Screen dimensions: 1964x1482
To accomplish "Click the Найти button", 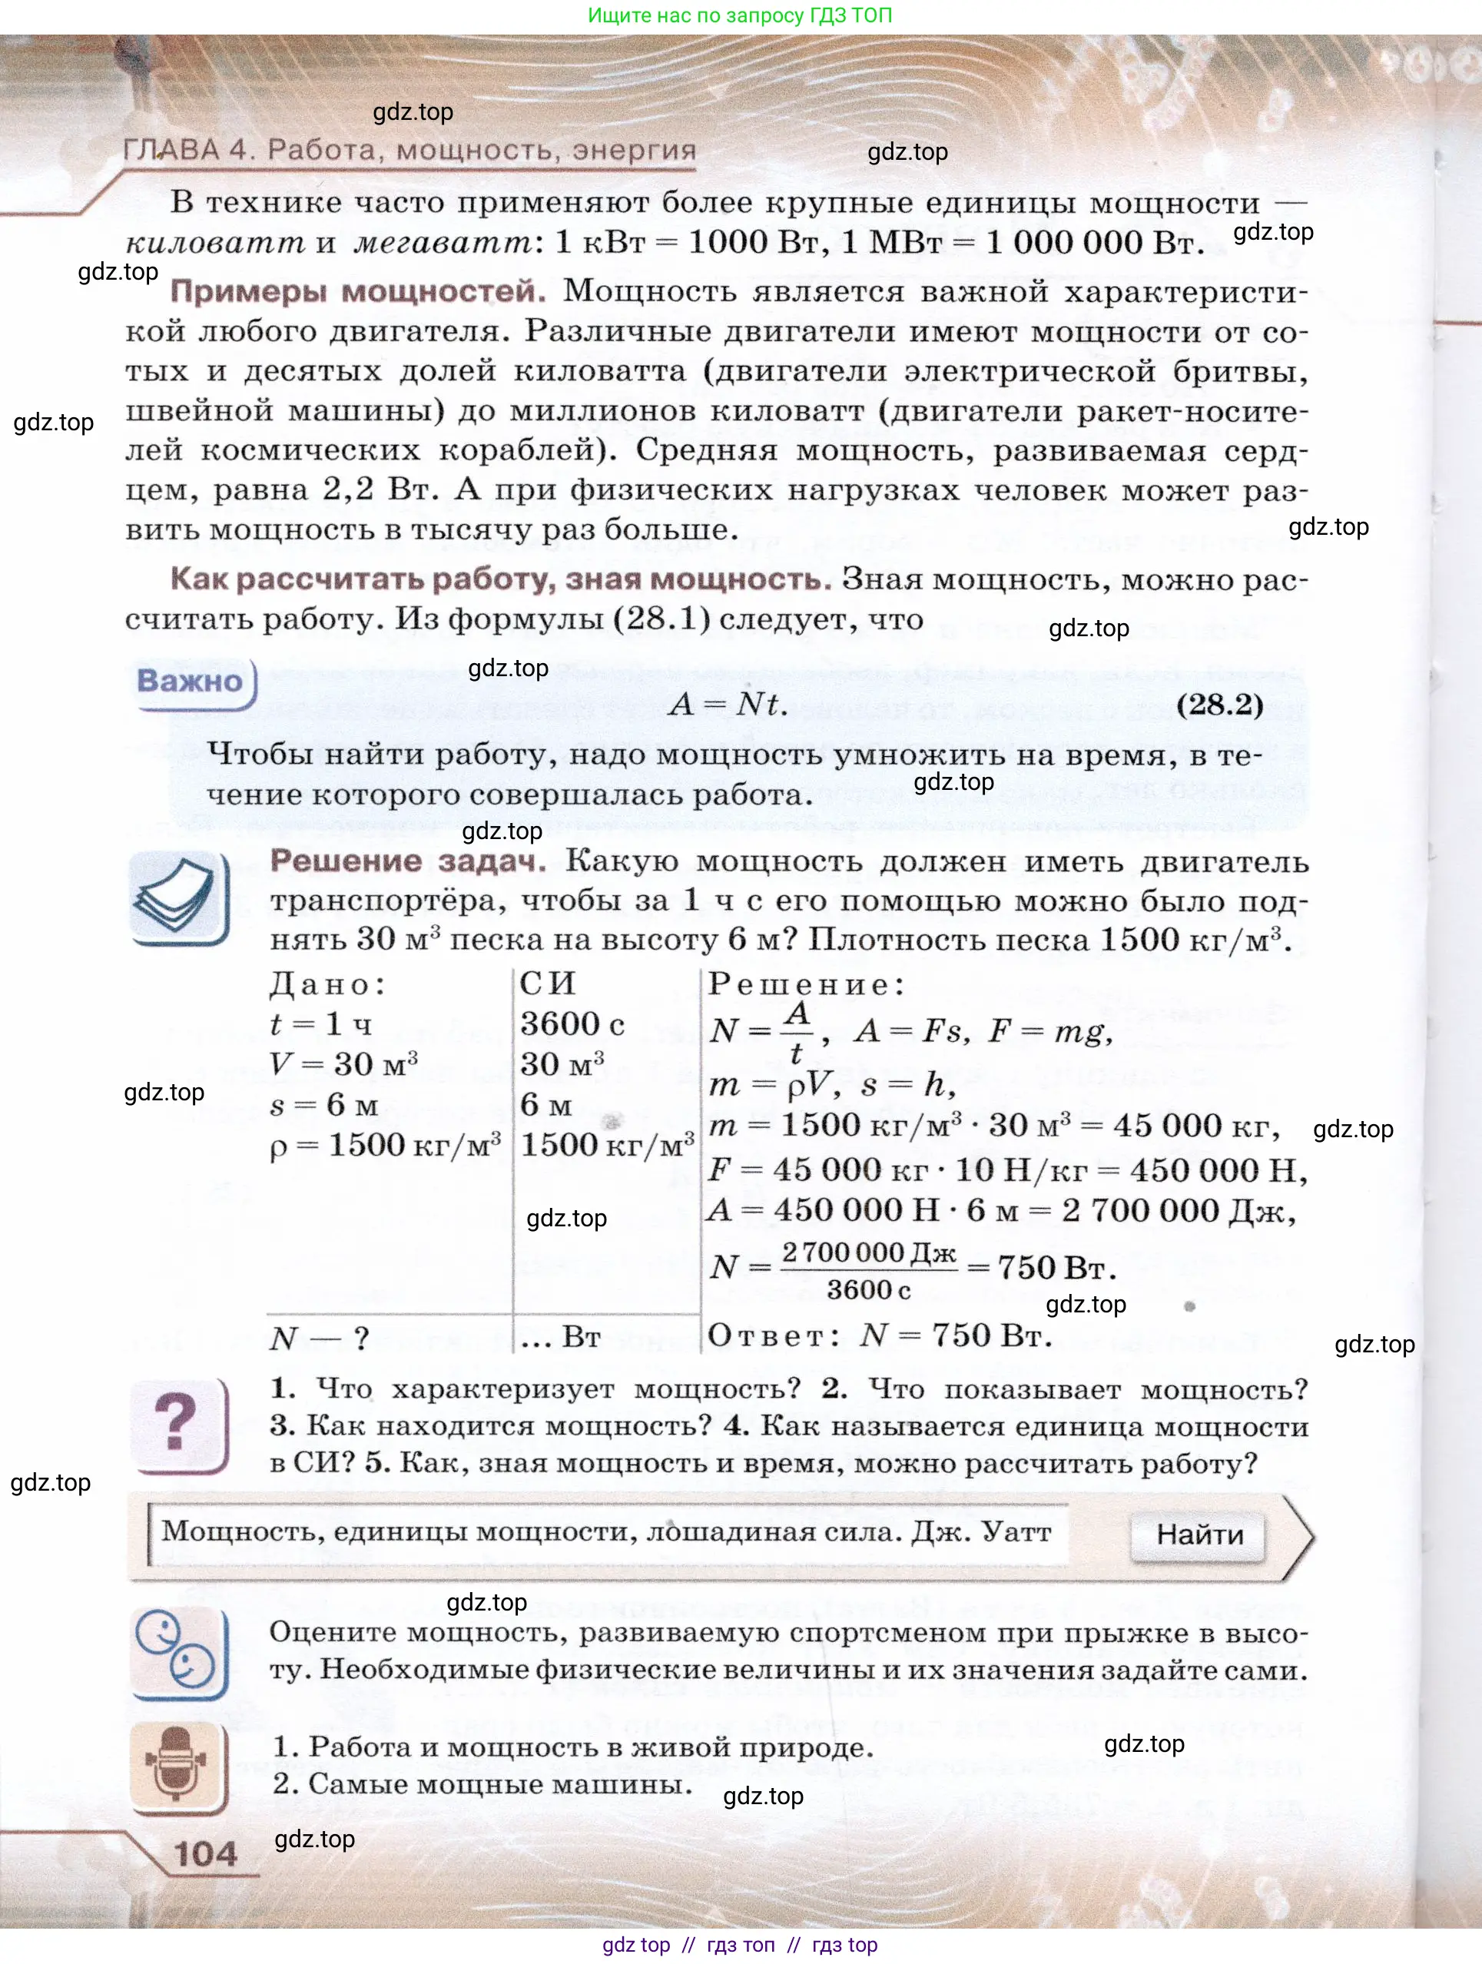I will click(x=1198, y=1534).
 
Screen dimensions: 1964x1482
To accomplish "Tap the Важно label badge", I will click(x=190, y=681).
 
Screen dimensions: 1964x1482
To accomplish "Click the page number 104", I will click(x=206, y=1853).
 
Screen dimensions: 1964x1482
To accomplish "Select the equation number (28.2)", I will click(x=1219, y=704).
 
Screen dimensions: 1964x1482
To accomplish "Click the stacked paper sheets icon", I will click(x=177, y=896).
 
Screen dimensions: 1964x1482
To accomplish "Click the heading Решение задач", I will click(x=408, y=861).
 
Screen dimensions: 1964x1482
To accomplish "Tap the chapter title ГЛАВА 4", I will click(x=409, y=149).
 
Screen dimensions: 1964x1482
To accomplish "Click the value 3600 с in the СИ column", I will click(x=572, y=1023).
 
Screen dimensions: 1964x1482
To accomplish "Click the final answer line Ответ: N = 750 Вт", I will click(x=879, y=1335).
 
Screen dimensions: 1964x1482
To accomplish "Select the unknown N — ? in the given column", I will click(x=319, y=1337).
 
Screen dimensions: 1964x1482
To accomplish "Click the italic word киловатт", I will click(x=215, y=242).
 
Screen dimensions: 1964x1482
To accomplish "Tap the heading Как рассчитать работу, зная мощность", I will click(x=501, y=579).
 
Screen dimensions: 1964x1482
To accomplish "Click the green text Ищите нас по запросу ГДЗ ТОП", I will click(x=740, y=15).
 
